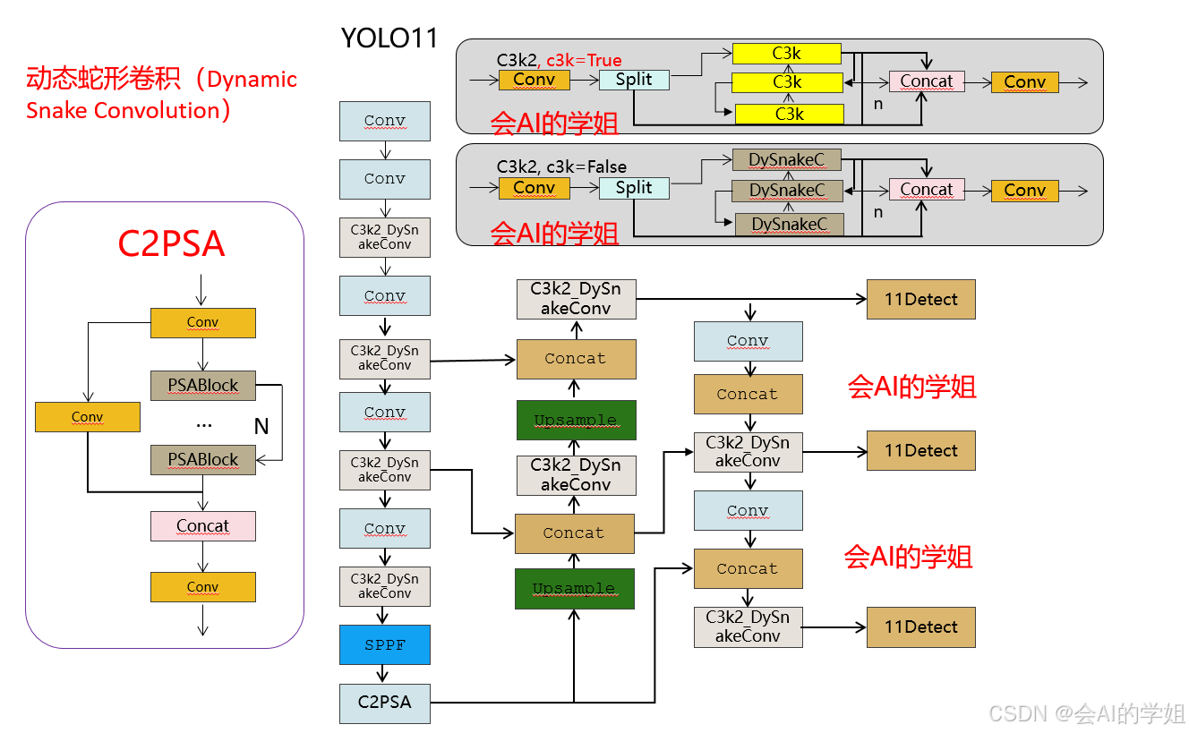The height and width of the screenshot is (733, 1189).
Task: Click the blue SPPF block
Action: (384, 644)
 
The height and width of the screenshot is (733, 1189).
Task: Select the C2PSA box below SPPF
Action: (384, 703)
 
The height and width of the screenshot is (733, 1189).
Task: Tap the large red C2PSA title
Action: (171, 243)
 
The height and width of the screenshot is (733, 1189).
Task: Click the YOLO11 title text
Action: (389, 38)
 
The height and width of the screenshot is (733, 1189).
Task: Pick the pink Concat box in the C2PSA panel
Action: (202, 526)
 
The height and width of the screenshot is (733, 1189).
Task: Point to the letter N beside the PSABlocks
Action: (261, 427)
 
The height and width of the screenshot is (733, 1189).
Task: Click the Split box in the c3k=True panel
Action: (633, 80)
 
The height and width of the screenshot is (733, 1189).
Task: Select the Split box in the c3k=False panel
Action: (633, 188)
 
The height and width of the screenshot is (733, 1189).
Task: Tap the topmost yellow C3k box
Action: (786, 54)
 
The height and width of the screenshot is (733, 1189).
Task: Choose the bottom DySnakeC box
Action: (789, 224)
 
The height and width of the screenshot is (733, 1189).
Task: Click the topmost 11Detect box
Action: (920, 300)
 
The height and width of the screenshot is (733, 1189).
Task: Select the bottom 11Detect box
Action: (920, 627)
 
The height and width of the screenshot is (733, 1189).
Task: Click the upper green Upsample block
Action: (575, 421)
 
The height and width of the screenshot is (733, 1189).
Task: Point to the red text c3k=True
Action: (584, 60)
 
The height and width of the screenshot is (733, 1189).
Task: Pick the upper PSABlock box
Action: (203, 386)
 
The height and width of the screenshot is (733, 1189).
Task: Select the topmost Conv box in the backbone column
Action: (384, 121)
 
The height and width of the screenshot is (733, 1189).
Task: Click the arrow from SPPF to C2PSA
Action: (384, 674)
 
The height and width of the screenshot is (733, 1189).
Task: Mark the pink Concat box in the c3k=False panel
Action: (926, 190)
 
